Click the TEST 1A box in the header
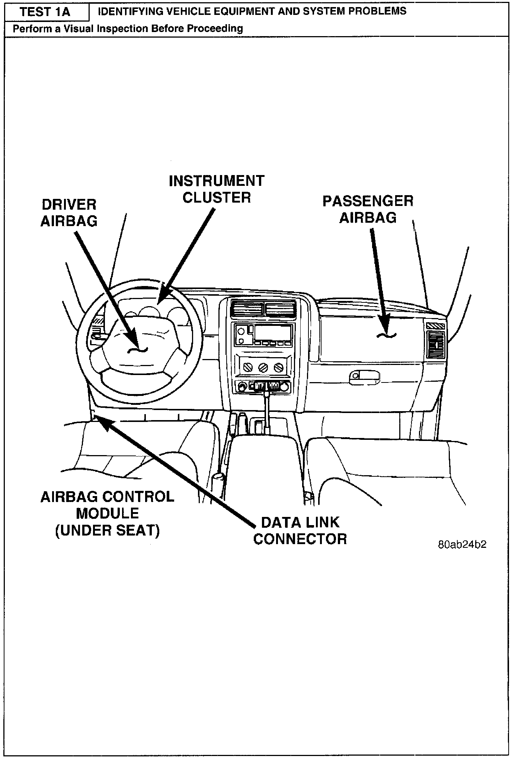45,12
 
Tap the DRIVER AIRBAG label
69,213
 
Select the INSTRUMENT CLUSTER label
217,189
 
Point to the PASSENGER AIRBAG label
368,209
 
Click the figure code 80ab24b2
462,544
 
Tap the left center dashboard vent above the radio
246,309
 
